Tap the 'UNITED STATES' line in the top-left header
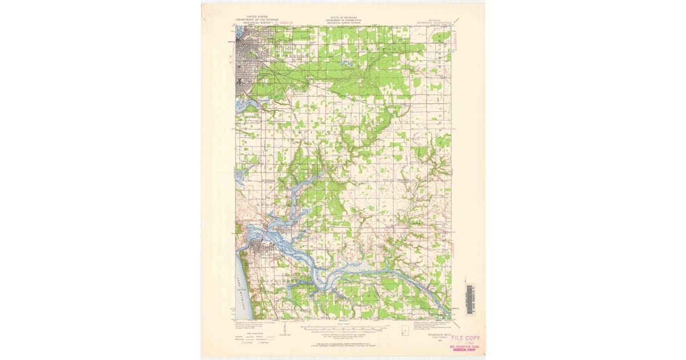tap(257, 17)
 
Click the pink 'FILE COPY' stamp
tap(465, 338)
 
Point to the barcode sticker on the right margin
tap(469, 299)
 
